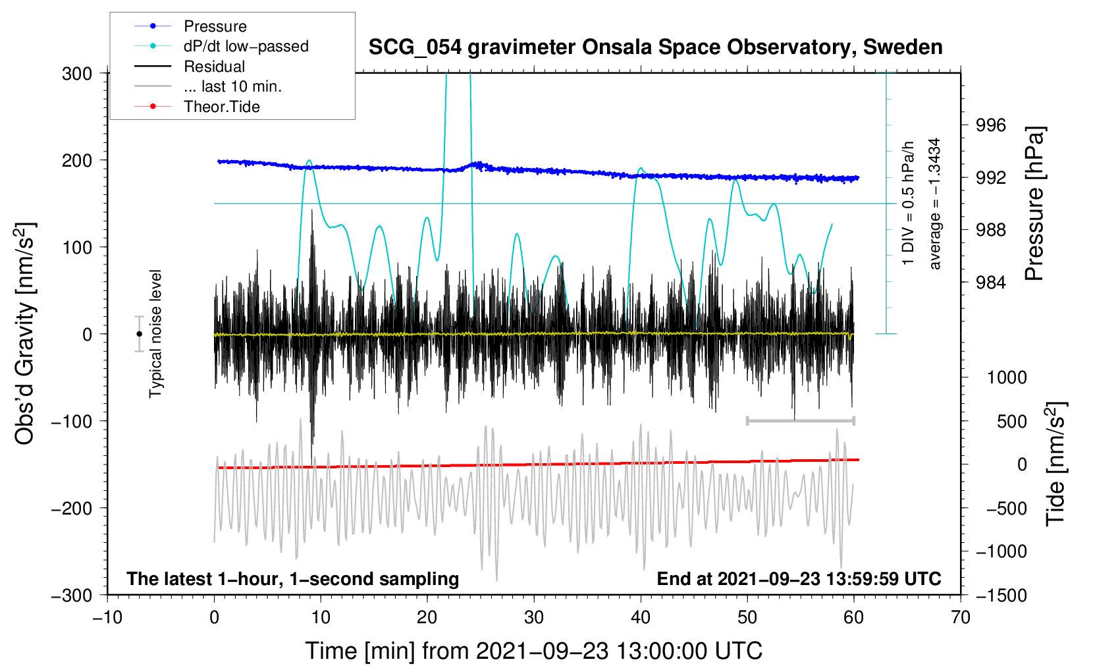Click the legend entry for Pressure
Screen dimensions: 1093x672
[x=191, y=26]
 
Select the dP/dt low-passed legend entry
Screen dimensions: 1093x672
[x=221, y=46]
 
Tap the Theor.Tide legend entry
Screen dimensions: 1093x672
[x=197, y=107]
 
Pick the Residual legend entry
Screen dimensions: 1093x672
[x=190, y=67]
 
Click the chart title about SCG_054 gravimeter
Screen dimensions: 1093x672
[x=655, y=47]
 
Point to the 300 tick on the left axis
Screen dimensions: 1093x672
[x=77, y=74]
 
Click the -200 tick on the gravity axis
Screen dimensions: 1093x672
[x=72, y=509]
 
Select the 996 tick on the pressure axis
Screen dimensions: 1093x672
[x=990, y=126]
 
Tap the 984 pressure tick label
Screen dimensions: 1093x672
[x=990, y=282]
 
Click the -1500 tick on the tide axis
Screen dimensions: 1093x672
[x=1001, y=596]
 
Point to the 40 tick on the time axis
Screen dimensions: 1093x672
[x=640, y=618]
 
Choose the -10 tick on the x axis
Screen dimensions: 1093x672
[x=107, y=618]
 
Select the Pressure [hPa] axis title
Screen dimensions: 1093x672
[x=1034, y=204]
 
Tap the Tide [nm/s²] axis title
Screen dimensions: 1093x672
[x=1056, y=464]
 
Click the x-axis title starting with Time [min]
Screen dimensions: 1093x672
[x=534, y=652]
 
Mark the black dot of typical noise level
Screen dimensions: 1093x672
[x=139, y=334]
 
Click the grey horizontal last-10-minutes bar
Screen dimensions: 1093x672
[x=800, y=421]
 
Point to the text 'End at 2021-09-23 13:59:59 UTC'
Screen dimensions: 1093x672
[x=799, y=578]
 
